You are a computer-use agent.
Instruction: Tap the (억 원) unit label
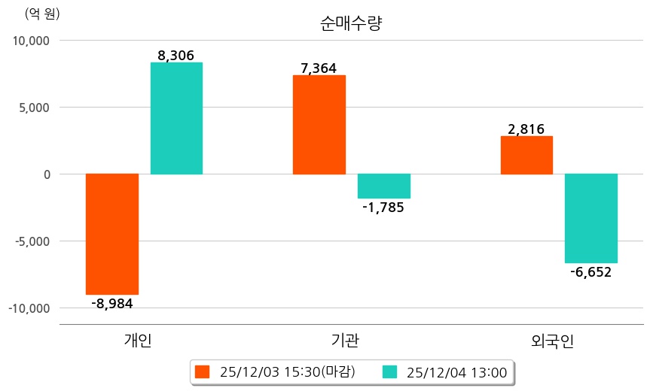pyautogui.click(x=42, y=14)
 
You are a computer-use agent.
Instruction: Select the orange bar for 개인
pyautogui.click(x=112, y=234)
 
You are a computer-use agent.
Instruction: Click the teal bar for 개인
pyautogui.click(x=176, y=118)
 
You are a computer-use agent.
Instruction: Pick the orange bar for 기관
pyautogui.click(x=319, y=125)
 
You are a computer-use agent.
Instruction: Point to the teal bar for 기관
pyautogui.click(x=384, y=186)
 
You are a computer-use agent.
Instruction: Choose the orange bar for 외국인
pyautogui.click(x=526, y=155)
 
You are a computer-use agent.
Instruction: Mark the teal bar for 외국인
pyautogui.click(x=591, y=218)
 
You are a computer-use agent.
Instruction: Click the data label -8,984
pyautogui.click(x=112, y=304)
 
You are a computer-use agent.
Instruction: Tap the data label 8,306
pyautogui.click(x=176, y=55)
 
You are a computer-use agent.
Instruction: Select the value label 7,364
pyautogui.click(x=319, y=68)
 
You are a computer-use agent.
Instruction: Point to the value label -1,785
pyautogui.click(x=383, y=208)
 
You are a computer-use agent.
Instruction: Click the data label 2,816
pyautogui.click(x=526, y=129)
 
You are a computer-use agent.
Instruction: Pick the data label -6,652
pyautogui.click(x=590, y=272)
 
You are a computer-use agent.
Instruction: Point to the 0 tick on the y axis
pyautogui.click(x=47, y=174)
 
